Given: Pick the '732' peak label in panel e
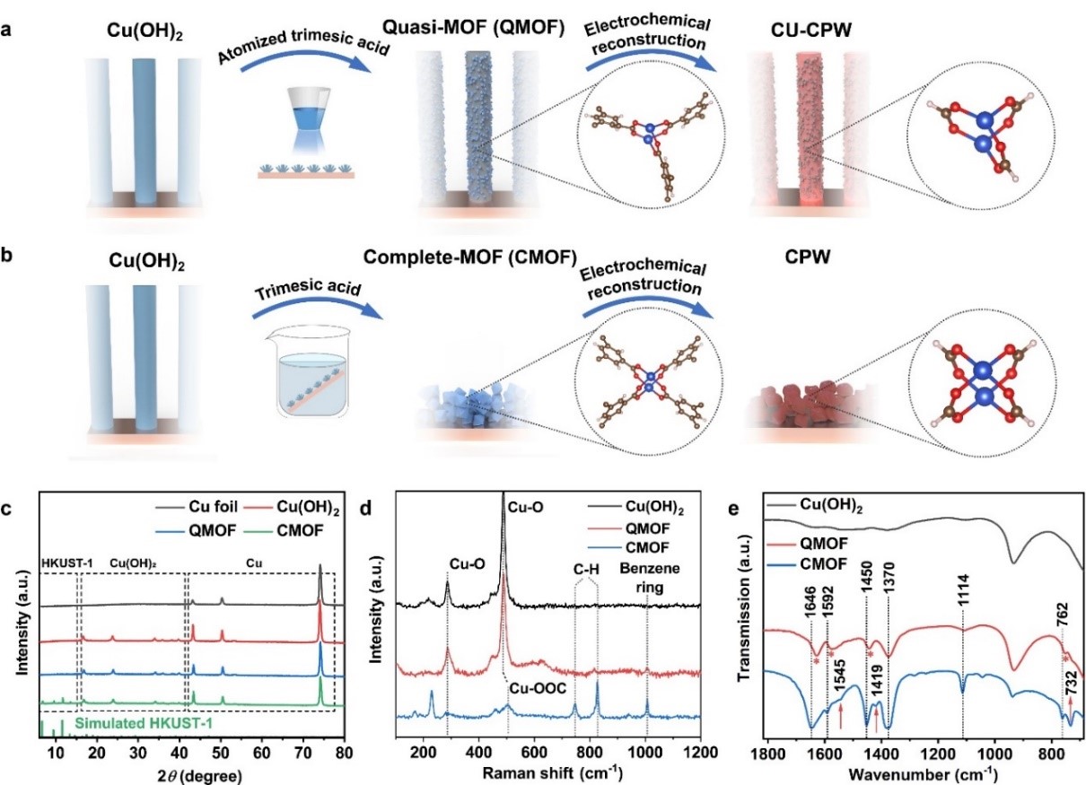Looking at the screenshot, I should click(1070, 693).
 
